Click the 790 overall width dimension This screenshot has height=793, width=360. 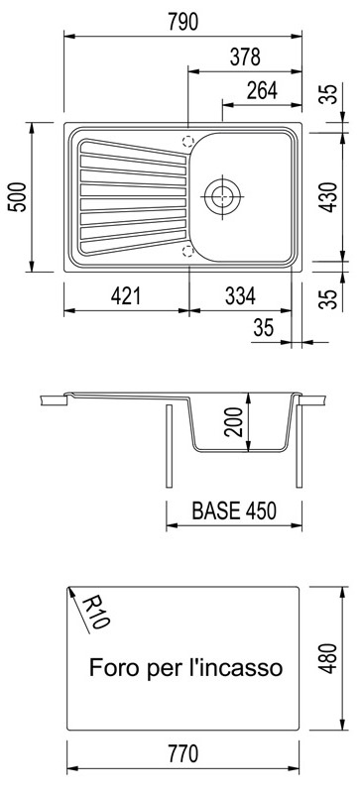pos(182,22)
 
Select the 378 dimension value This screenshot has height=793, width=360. pos(245,57)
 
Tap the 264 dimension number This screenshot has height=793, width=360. pos(262,91)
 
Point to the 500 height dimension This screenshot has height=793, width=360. pos(18,196)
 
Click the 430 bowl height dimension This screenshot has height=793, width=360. pos(329,196)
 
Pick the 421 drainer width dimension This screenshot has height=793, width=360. pos(126,296)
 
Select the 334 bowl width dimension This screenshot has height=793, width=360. pos(240,296)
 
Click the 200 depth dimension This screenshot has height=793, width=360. pos(234,422)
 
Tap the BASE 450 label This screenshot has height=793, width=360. pos(234,510)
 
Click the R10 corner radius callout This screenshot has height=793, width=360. pos(94,612)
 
